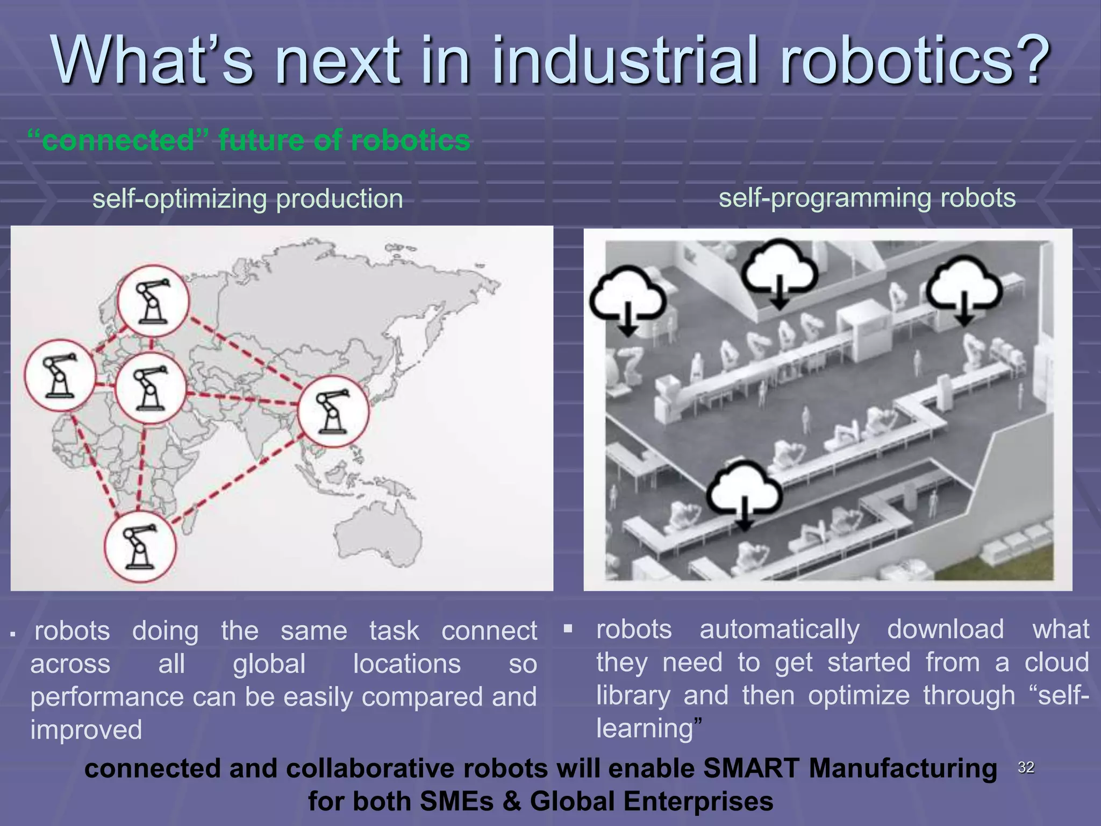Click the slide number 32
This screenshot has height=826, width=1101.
click(x=1026, y=767)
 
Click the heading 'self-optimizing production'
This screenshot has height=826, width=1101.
click(x=247, y=199)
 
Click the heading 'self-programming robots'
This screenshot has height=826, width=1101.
click(x=867, y=198)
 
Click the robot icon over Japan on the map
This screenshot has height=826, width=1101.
click(x=333, y=412)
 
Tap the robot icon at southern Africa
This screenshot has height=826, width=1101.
click(x=140, y=547)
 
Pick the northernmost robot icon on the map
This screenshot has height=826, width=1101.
click(x=153, y=301)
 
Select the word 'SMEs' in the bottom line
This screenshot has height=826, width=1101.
click(x=456, y=801)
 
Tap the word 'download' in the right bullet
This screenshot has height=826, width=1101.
click(x=945, y=629)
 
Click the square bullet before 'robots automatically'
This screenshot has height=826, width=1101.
click(x=568, y=628)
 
